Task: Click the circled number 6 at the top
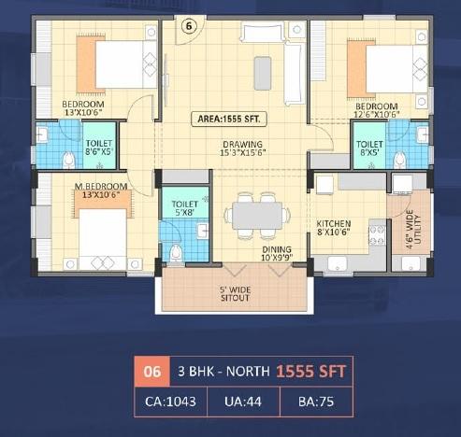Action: (x=188, y=25)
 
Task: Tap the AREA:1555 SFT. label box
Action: (x=228, y=119)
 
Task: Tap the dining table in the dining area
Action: (x=255, y=216)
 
